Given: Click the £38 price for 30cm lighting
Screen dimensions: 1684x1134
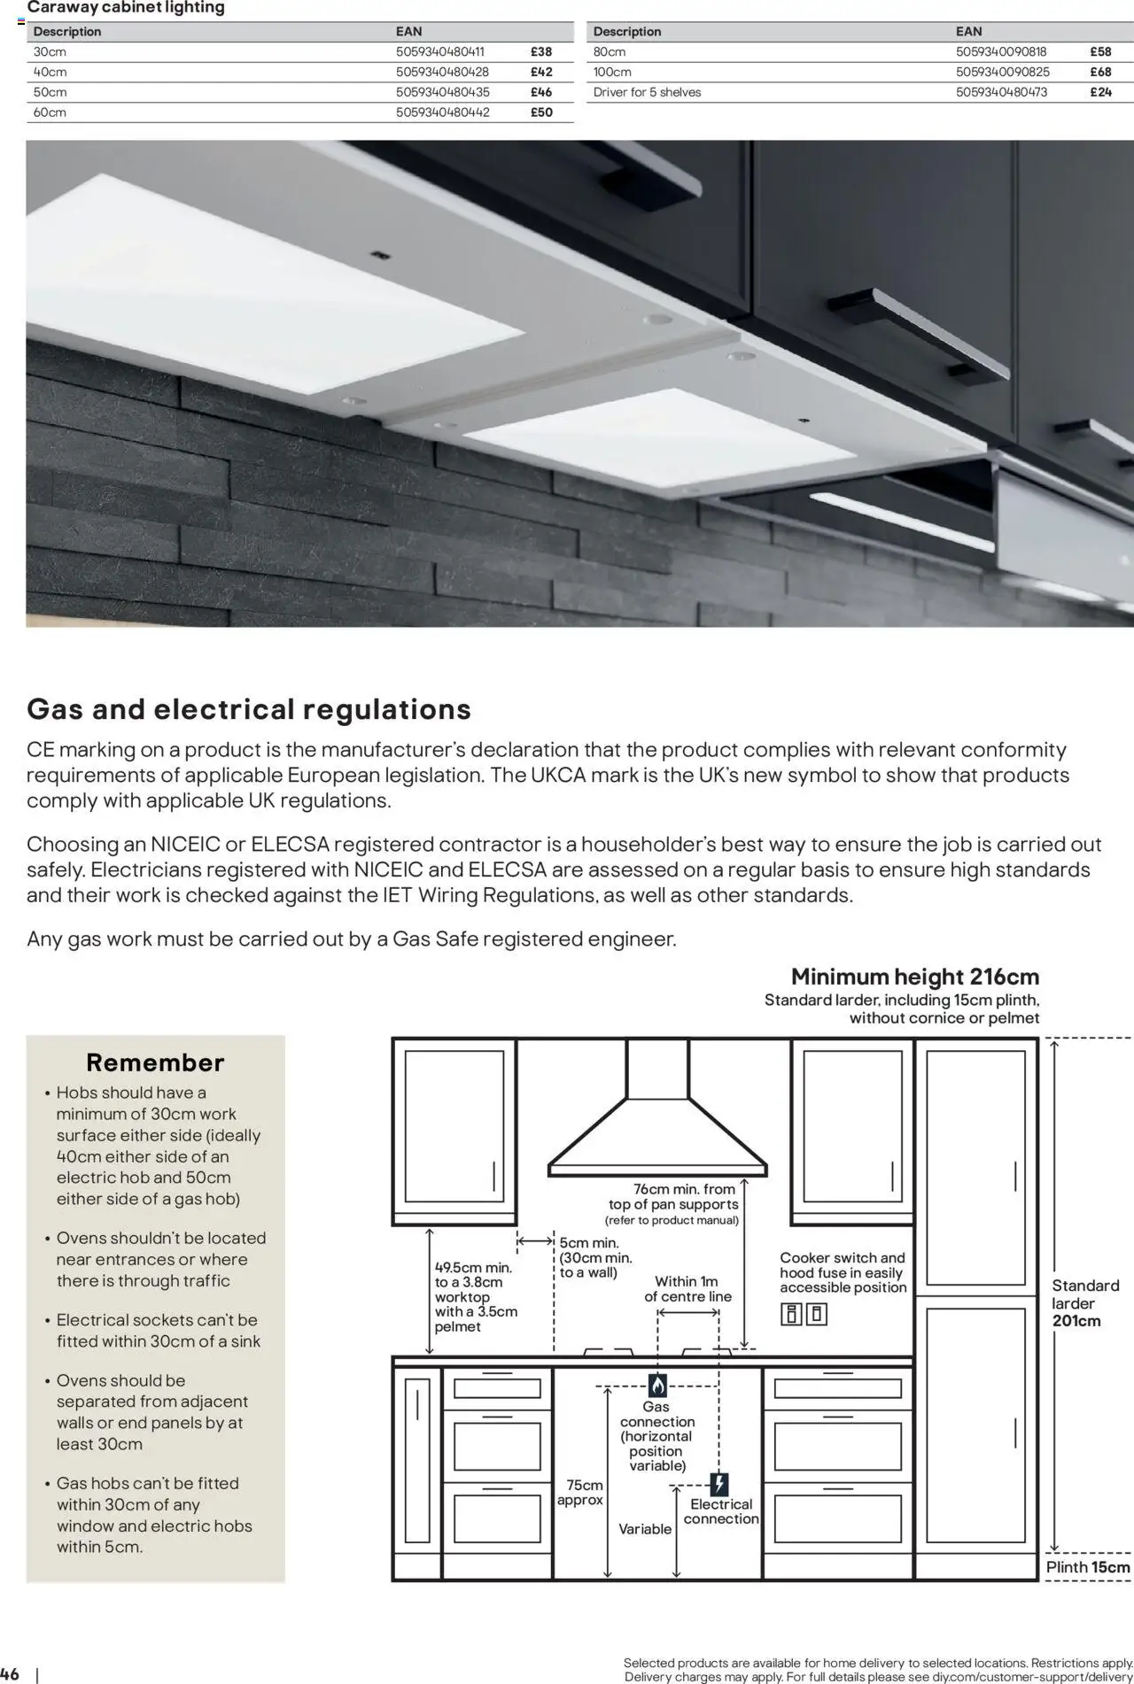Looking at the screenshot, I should (540, 51).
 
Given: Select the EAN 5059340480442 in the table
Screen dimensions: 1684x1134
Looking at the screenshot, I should (442, 112).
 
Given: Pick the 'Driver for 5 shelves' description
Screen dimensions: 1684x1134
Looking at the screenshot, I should (647, 92).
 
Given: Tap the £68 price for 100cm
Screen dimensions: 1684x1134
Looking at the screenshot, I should (1100, 72).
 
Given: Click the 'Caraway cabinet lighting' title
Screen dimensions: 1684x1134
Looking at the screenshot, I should (126, 8).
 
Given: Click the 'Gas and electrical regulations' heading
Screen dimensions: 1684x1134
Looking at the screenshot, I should (249, 709).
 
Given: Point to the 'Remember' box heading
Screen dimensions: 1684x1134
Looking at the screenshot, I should (155, 1062).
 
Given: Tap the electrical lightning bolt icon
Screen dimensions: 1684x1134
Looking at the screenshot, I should (719, 1484).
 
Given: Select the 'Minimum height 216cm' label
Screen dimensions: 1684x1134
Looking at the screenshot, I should (914, 977).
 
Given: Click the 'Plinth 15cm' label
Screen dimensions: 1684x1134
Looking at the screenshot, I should (1087, 1567).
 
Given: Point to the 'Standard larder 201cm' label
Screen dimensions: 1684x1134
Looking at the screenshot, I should (1084, 1302).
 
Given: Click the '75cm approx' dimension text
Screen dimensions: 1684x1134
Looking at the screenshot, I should (580, 1492).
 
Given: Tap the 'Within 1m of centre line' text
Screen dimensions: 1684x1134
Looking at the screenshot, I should (687, 1288).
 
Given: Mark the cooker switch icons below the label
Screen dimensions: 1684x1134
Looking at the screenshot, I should (804, 1314).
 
